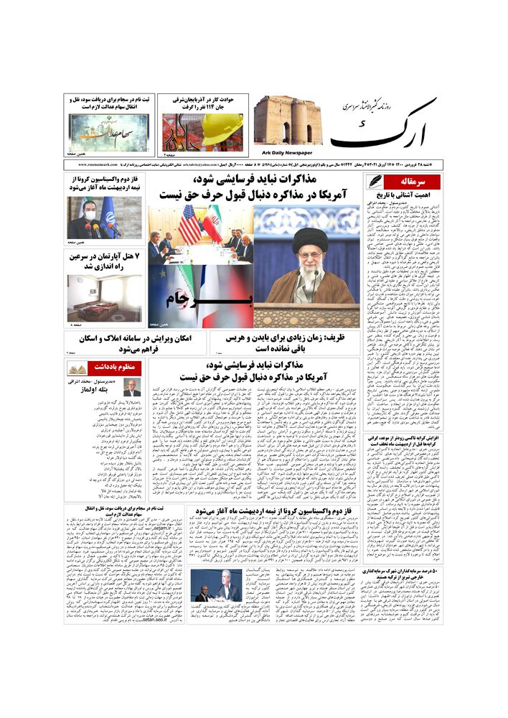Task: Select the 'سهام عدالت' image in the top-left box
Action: click(108, 134)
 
